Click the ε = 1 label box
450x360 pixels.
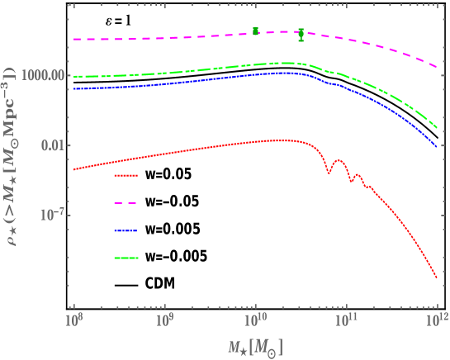116,23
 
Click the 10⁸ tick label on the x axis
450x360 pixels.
73,317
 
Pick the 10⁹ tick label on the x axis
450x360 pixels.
165,317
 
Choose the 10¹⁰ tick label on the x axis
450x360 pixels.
256,317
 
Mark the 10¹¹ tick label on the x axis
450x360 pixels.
347,317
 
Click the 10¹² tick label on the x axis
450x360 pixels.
437,317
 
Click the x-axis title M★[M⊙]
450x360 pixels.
256,344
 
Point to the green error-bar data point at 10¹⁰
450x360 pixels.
256,31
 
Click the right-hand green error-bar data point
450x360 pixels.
301,34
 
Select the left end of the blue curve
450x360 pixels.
74,88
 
